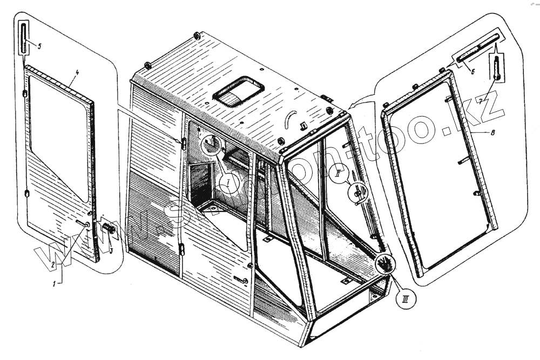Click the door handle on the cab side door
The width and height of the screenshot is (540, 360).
[241, 279]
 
